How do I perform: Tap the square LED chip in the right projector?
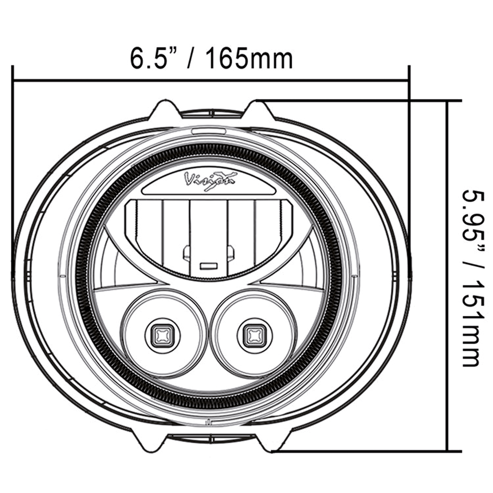253,335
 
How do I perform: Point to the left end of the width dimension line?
13,80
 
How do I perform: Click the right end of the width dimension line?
408,80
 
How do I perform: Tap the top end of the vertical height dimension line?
448,101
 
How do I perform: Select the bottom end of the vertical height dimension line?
448,451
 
